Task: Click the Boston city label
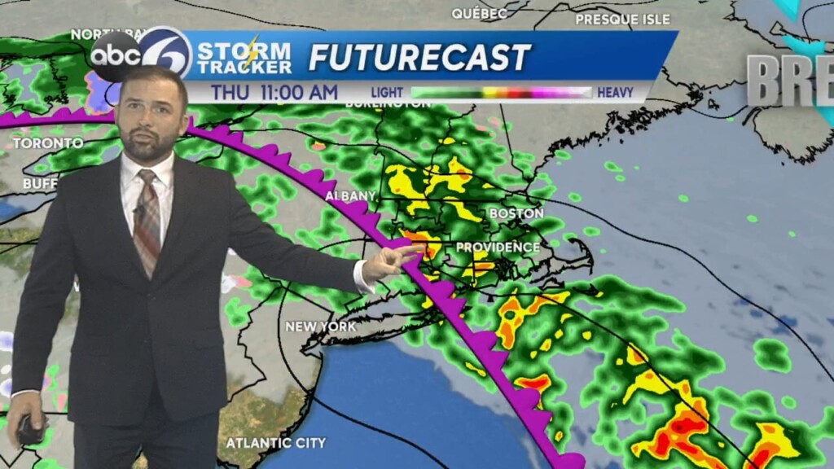click(x=516, y=213)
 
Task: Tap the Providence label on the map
click(x=498, y=247)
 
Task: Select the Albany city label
click(x=350, y=196)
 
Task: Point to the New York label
click(x=320, y=327)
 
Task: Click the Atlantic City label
click(x=275, y=443)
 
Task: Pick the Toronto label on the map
click(x=47, y=143)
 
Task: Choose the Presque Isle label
click(x=622, y=19)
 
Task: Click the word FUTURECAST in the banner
click(x=419, y=57)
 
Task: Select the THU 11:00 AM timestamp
click(x=274, y=93)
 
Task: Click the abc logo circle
click(x=114, y=55)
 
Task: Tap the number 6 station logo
click(x=165, y=52)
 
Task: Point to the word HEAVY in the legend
click(x=616, y=93)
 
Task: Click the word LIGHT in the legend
click(x=387, y=93)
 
